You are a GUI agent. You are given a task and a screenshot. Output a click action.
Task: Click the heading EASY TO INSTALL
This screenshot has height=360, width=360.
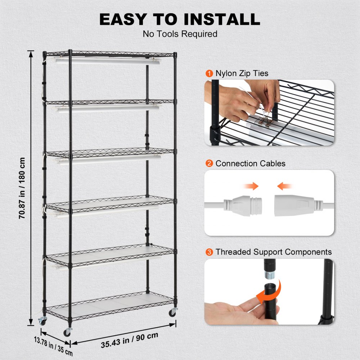click(180, 19)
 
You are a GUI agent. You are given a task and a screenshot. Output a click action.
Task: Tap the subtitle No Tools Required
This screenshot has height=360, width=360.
click(180, 34)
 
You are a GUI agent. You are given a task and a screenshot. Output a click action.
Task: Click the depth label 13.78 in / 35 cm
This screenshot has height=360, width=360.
click(54, 344)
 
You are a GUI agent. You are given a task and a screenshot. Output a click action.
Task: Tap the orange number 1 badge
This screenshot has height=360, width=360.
click(209, 73)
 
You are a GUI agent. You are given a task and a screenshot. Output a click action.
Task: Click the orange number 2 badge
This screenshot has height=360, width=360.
click(209, 163)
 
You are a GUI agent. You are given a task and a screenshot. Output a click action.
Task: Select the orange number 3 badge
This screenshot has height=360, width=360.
click(209, 252)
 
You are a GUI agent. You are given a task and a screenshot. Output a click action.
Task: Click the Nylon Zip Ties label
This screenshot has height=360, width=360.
click(242, 73)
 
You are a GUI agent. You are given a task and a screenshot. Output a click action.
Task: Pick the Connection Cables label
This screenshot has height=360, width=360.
click(250, 163)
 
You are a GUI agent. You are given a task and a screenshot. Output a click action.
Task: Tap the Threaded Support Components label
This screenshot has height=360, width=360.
click(274, 252)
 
